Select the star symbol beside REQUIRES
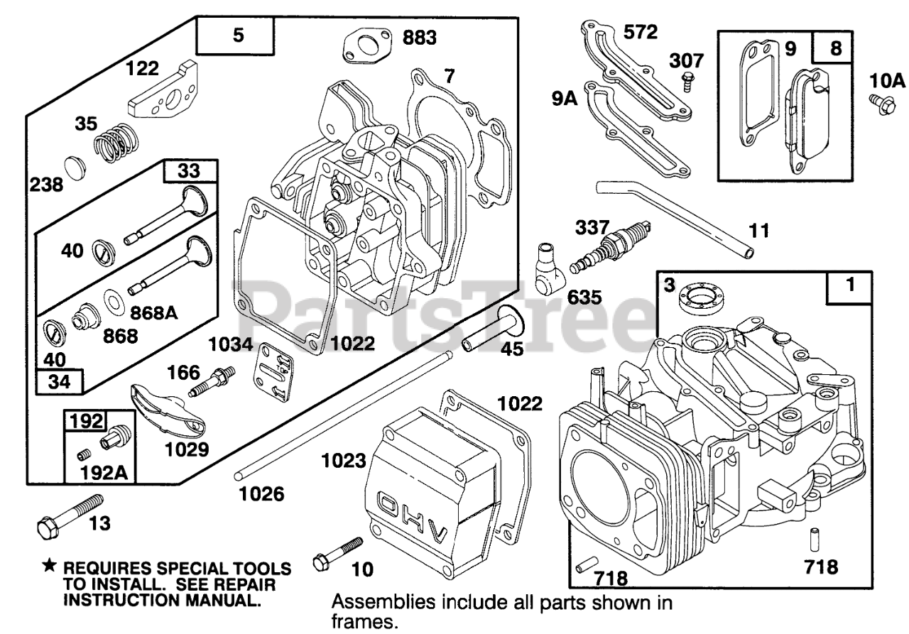(48, 566)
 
